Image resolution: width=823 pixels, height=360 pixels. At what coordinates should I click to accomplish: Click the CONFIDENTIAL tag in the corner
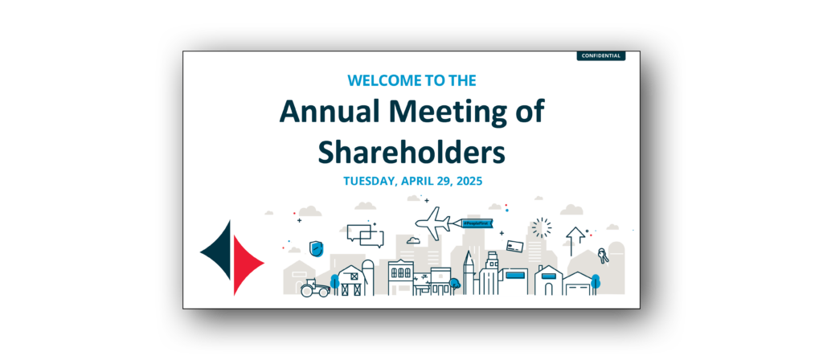pyautogui.click(x=600, y=55)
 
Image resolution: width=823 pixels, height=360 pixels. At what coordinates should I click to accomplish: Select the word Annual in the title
pyautogui.click(x=328, y=112)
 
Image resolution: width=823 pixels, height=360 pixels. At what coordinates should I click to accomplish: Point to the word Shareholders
pyautogui.click(x=411, y=150)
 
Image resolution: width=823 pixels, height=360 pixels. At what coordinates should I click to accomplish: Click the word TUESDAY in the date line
pyautogui.click(x=369, y=181)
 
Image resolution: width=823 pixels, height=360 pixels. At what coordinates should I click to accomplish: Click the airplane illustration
pyautogui.click(x=433, y=223)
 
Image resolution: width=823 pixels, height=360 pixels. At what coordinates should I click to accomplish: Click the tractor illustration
pyautogui.click(x=313, y=288)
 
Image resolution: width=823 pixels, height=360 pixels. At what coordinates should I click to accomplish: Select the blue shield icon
pyautogui.click(x=317, y=247)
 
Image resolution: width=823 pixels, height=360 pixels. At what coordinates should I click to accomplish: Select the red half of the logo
pyautogui.click(x=247, y=266)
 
